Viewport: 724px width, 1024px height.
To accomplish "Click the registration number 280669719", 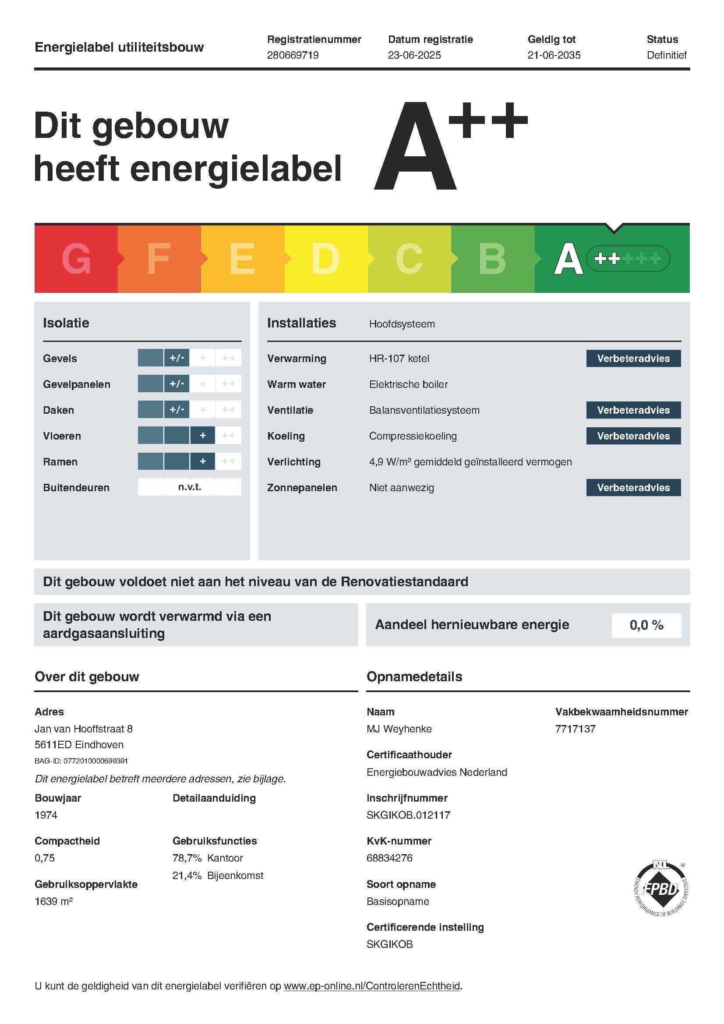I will coord(293,55).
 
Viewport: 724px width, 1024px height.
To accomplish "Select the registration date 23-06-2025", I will coord(414,55).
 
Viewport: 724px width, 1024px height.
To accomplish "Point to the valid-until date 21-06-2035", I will coord(554,55).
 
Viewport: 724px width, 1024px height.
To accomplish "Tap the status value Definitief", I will coord(667,55).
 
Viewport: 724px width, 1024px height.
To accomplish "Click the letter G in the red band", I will coord(76,259).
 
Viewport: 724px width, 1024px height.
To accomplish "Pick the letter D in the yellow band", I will coord(325,259).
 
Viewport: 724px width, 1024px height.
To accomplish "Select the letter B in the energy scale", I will coord(492,259).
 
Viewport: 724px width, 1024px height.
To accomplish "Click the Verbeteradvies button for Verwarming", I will coord(633,359).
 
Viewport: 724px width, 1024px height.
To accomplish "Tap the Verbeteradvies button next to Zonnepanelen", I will coord(633,488).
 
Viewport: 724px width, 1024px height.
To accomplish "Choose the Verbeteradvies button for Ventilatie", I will coord(633,410).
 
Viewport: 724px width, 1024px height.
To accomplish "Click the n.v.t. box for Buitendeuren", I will coord(190,487).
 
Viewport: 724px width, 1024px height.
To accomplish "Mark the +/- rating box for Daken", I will coord(177,410).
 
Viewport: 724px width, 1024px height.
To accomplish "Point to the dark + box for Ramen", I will coord(202,461).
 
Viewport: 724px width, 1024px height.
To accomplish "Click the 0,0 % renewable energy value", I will coord(646,625).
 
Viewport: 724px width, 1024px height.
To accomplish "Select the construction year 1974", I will coord(46,815).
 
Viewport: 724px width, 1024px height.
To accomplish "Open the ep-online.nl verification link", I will coord(371,986).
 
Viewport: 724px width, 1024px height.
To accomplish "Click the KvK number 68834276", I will coord(389,858).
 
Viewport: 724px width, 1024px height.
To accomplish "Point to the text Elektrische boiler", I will coord(408,384).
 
